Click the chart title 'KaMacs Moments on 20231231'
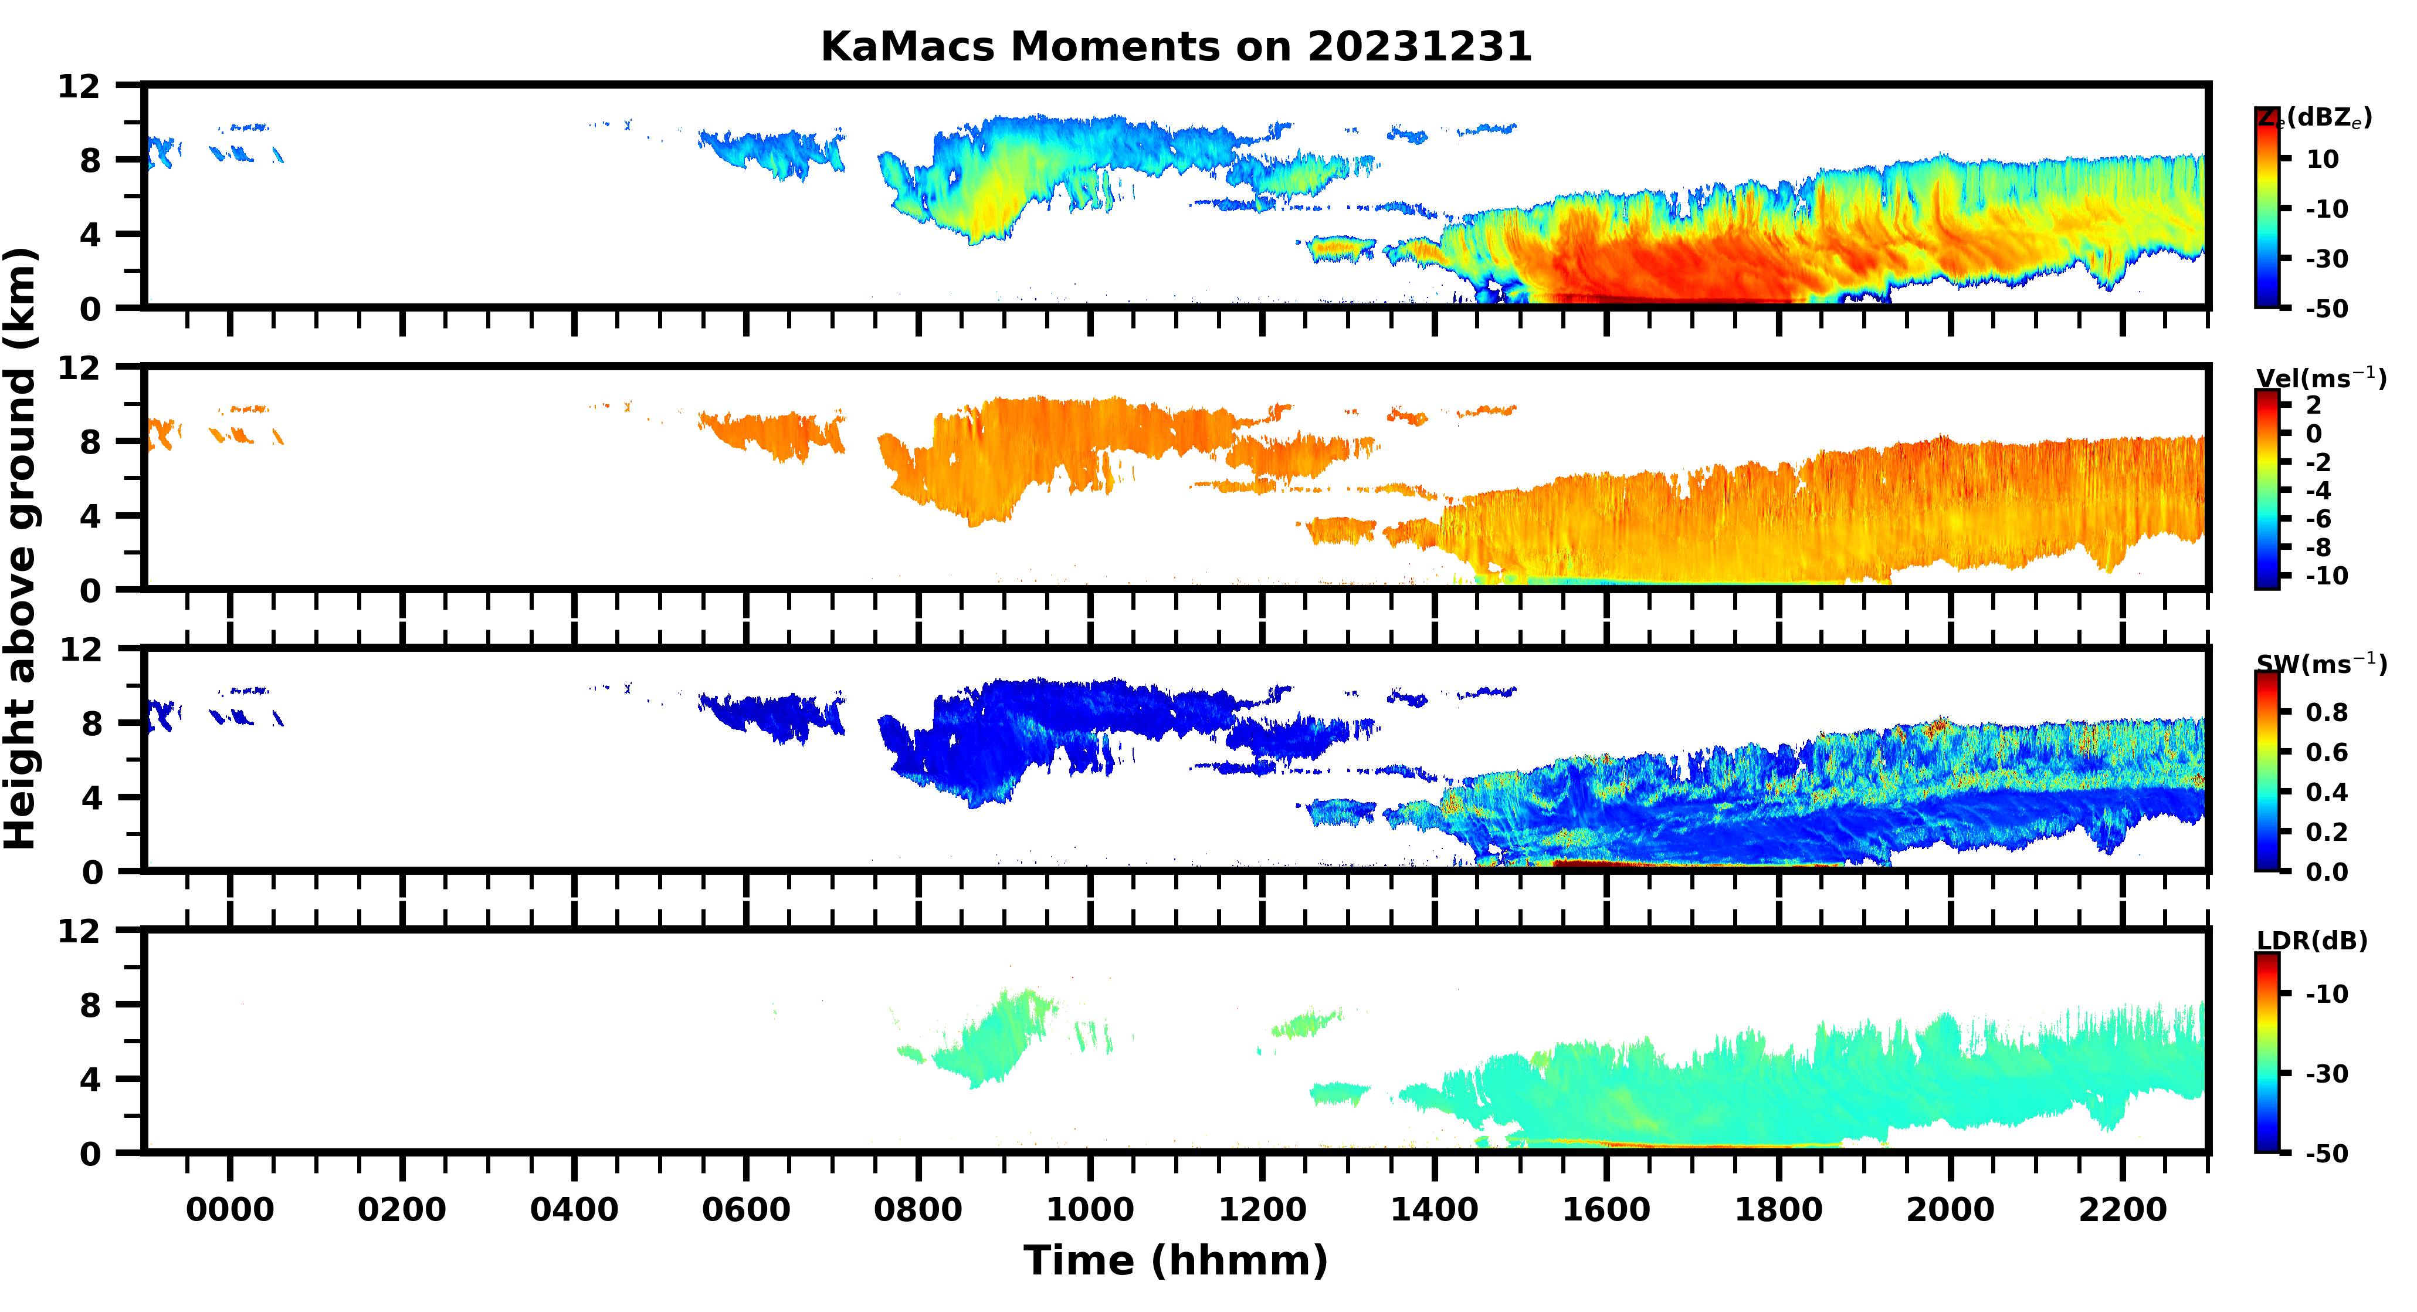click(x=1176, y=47)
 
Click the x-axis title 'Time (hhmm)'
click(x=1176, y=1260)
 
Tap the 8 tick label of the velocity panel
click(x=90, y=441)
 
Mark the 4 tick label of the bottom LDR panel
click(x=90, y=1079)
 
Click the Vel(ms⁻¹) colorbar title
click(x=2320, y=378)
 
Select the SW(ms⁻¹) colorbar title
click(x=2320, y=664)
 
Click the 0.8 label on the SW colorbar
click(x=2327, y=712)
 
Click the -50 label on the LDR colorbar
click(x=2327, y=1154)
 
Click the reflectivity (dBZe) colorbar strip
click(x=2267, y=207)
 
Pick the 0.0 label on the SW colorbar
click(x=2327, y=872)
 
